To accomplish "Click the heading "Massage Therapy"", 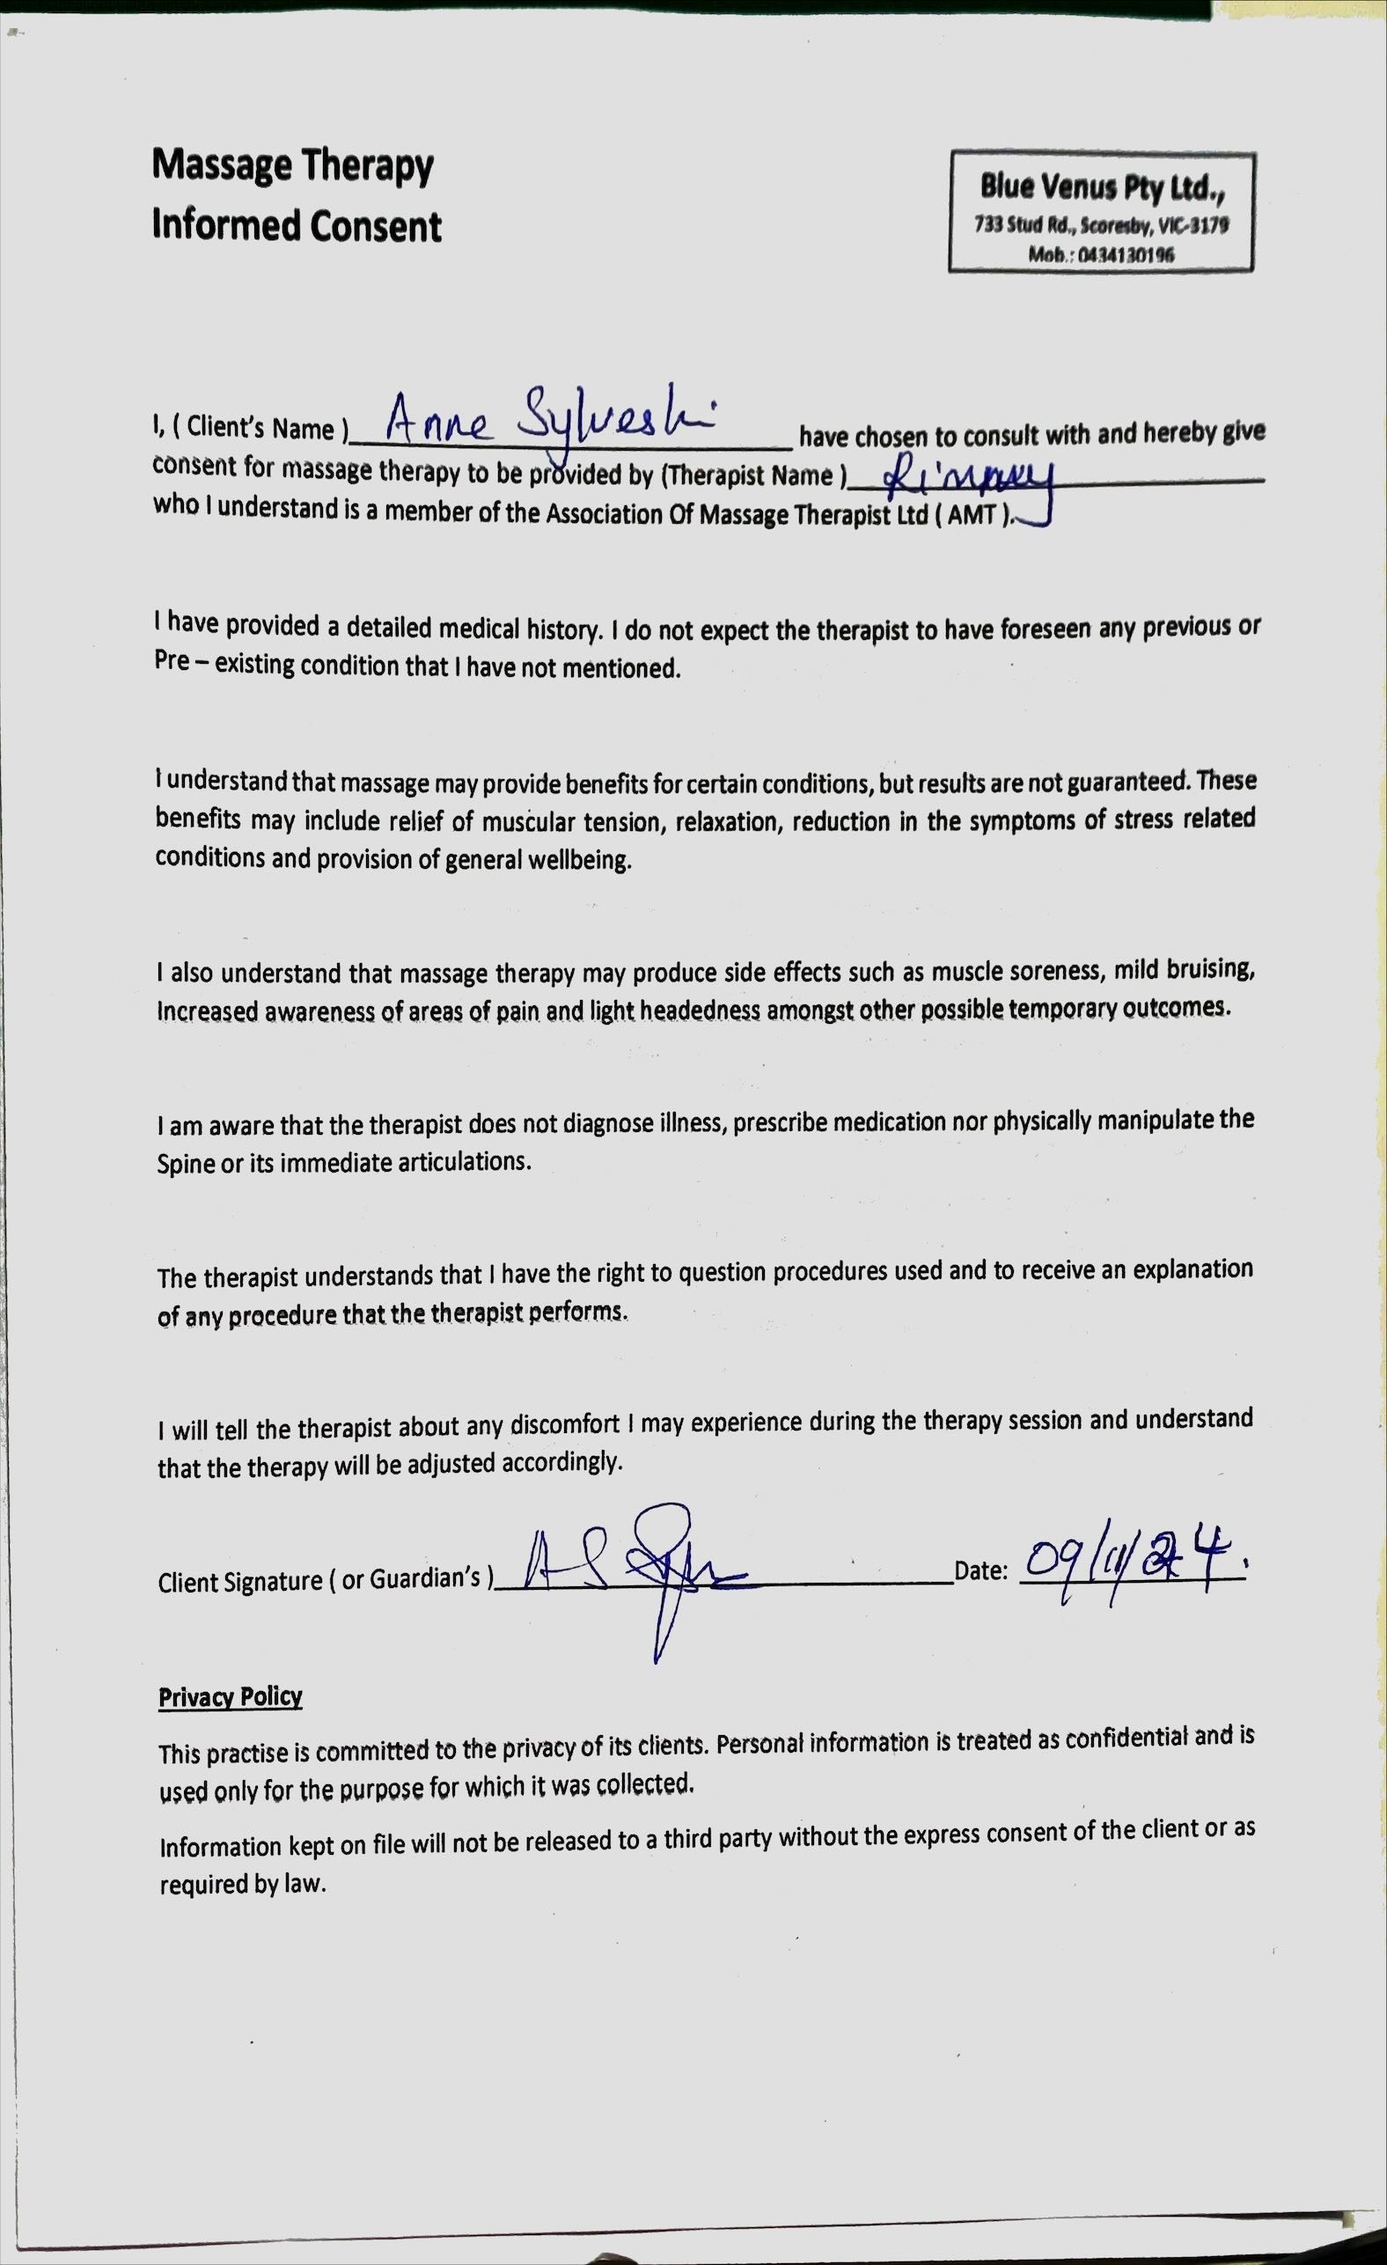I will [x=292, y=165].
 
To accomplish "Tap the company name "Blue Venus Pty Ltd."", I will [x=1101, y=188].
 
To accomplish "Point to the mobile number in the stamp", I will [x=1101, y=255].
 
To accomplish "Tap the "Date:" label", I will [x=980, y=1571].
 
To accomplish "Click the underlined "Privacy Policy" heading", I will [x=230, y=1697].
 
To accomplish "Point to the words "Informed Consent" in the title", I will [x=297, y=226].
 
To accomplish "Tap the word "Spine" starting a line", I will [x=185, y=1164].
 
